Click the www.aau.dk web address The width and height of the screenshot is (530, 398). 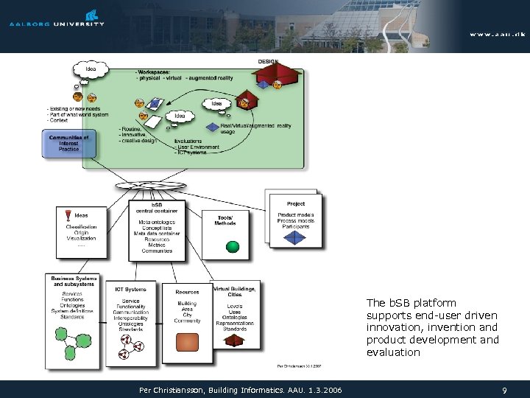[x=497, y=33]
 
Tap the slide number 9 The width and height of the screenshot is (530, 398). [x=504, y=390]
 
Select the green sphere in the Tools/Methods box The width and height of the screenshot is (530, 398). [x=232, y=246]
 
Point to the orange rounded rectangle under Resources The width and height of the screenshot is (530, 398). [x=188, y=341]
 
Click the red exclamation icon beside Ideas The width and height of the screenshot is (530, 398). [x=68, y=215]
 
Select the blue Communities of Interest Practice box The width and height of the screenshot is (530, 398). [x=69, y=143]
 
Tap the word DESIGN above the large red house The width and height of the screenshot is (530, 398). [x=268, y=61]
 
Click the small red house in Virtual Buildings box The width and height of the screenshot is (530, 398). [x=233, y=340]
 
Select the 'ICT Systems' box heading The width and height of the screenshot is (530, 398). [x=130, y=290]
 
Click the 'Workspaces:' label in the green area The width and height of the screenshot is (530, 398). [x=152, y=71]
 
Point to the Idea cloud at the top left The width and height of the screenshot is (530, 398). [x=91, y=70]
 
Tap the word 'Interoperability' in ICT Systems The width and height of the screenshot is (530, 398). [x=131, y=318]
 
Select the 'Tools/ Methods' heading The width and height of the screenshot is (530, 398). [x=225, y=220]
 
